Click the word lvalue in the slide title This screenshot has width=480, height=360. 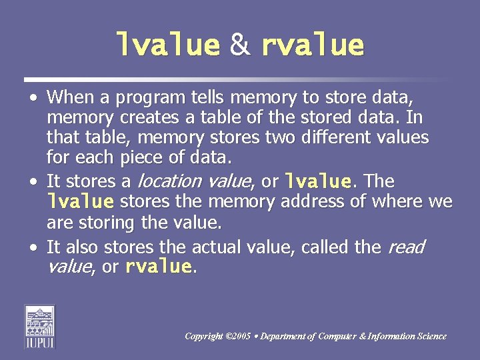pyautogui.click(x=168, y=45)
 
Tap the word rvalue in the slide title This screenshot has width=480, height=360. pyautogui.click(x=313, y=45)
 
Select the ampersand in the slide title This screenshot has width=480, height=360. pyautogui.click(x=240, y=45)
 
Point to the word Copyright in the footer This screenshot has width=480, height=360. pyautogui.click(x=203, y=337)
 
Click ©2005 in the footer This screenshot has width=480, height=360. pyautogui.click(x=237, y=337)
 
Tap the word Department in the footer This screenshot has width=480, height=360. pyautogui.click(x=285, y=337)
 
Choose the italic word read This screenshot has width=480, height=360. pyautogui.click(x=405, y=247)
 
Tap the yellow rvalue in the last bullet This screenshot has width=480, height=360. pyautogui.click(x=159, y=267)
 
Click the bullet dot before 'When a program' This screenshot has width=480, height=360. pyautogui.click(x=33, y=98)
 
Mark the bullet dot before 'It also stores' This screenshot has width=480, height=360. pyautogui.click(x=33, y=247)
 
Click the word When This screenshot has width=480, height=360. pyautogui.click(x=71, y=98)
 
